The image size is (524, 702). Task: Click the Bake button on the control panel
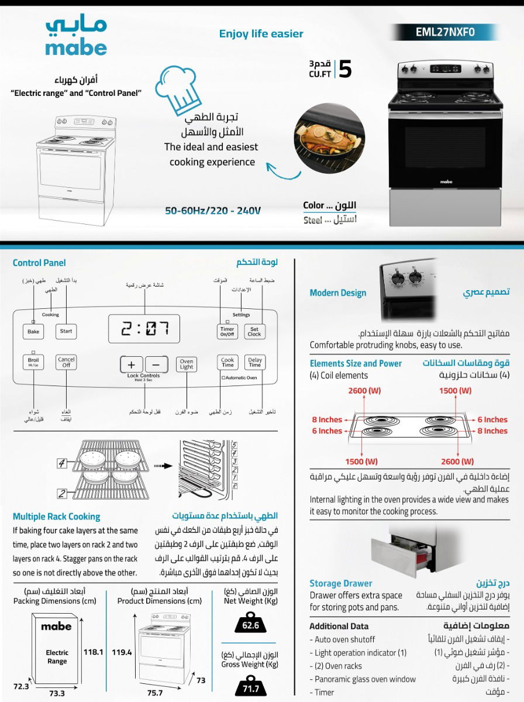point(33,332)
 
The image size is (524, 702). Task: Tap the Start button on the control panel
point(66,331)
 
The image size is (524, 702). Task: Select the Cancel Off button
point(66,363)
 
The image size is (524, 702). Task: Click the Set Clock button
point(254,332)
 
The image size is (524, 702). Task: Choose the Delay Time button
point(255,363)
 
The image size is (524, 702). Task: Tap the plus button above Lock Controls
point(132,364)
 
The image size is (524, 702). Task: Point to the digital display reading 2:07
point(144,329)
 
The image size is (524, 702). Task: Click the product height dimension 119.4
point(122,652)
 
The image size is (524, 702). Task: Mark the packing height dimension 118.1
point(93,652)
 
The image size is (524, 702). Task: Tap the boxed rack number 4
point(62,464)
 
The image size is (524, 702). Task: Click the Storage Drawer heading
point(340,583)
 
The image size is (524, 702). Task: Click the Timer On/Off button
point(227,332)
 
